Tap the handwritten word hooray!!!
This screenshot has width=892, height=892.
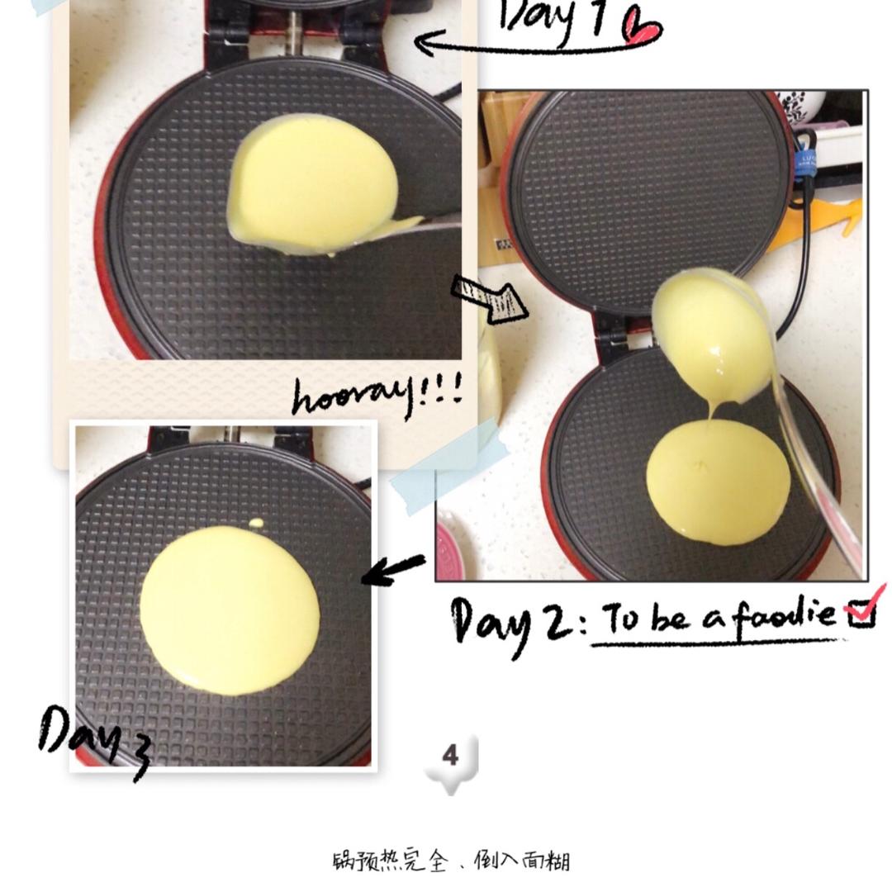377,395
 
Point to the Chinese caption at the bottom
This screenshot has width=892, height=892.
451,861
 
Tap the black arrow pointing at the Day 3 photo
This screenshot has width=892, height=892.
393,569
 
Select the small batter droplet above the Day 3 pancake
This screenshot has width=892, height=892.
257,523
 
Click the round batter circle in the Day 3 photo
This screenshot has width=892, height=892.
230,610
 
